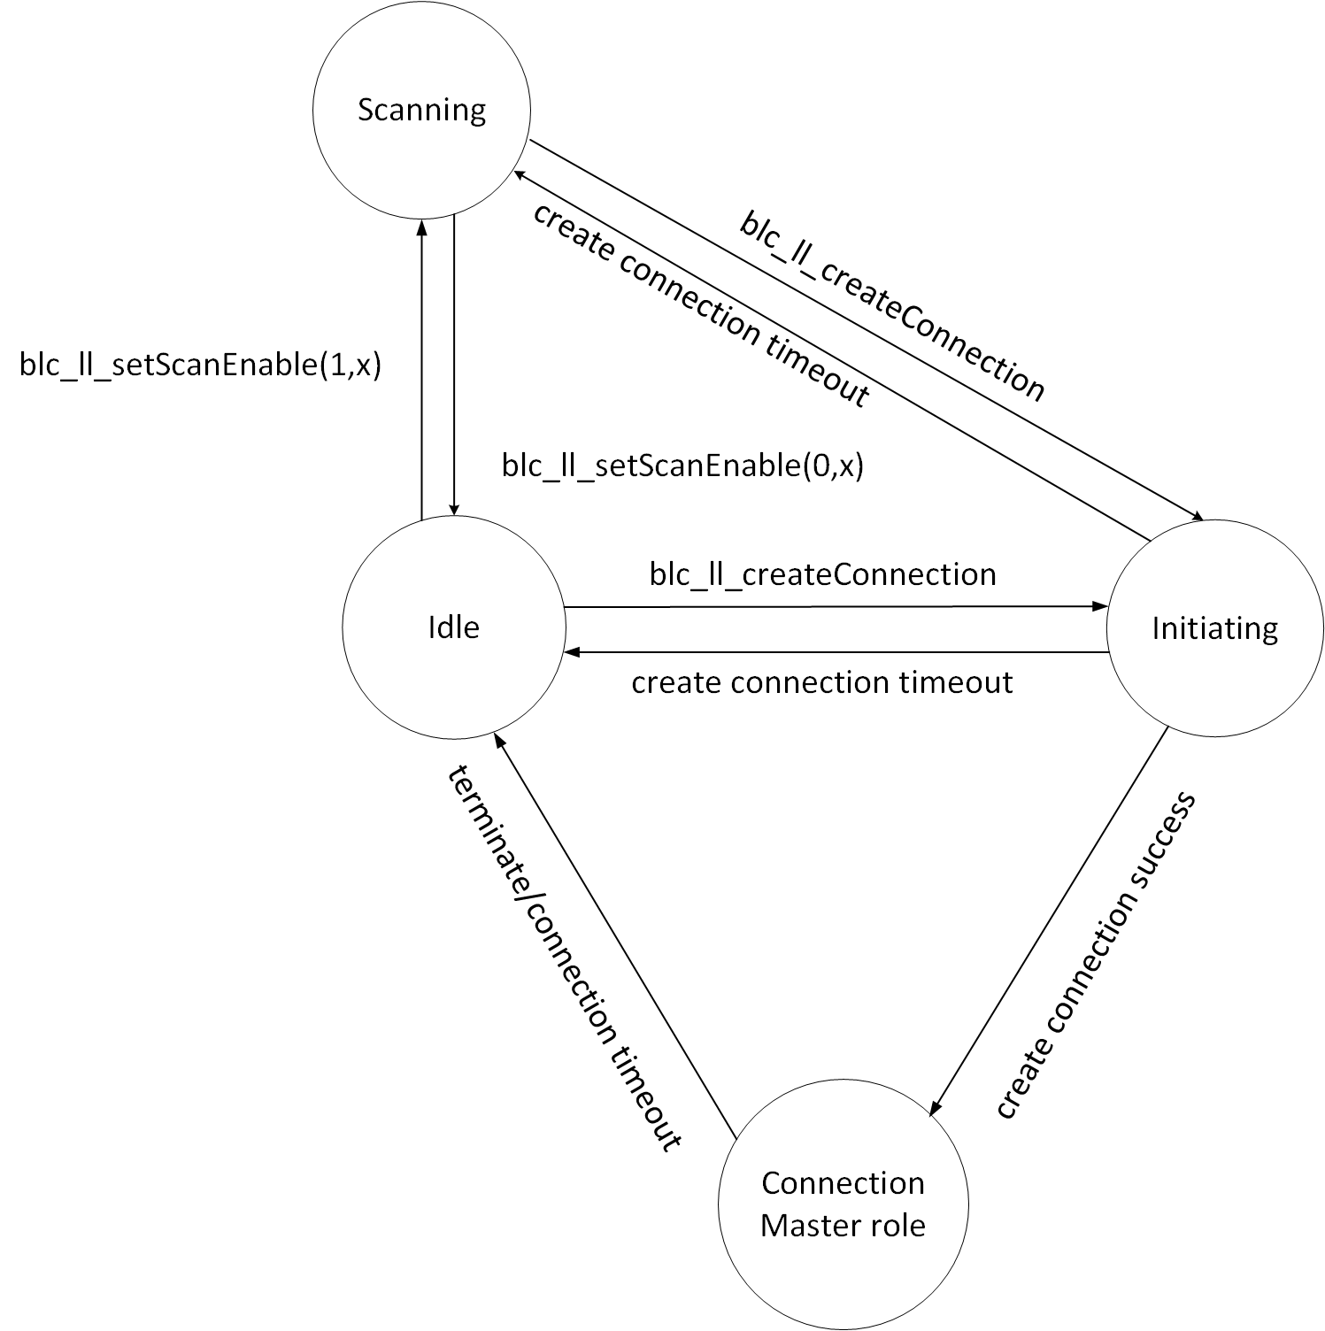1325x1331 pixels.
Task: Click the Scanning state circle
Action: [x=421, y=111]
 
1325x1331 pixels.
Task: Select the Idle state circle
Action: [x=453, y=627]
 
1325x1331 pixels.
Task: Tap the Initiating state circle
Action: [x=1214, y=628]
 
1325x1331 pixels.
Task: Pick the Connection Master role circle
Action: [x=843, y=1204]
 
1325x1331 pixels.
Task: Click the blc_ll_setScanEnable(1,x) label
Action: [x=200, y=365]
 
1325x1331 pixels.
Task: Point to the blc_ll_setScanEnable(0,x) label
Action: [x=682, y=465]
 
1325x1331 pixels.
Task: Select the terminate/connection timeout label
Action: [x=565, y=958]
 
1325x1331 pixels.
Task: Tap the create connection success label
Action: [x=1096, y=956]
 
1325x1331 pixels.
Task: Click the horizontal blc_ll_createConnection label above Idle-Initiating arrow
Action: [x=822, y=574]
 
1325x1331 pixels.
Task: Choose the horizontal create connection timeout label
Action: [x=821, y=683]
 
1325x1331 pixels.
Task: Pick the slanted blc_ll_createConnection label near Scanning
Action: [x=892, y=306]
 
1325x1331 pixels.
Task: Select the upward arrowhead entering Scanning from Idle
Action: [x=422, y=227]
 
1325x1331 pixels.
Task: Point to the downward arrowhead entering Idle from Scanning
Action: [x=453, y=508]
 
